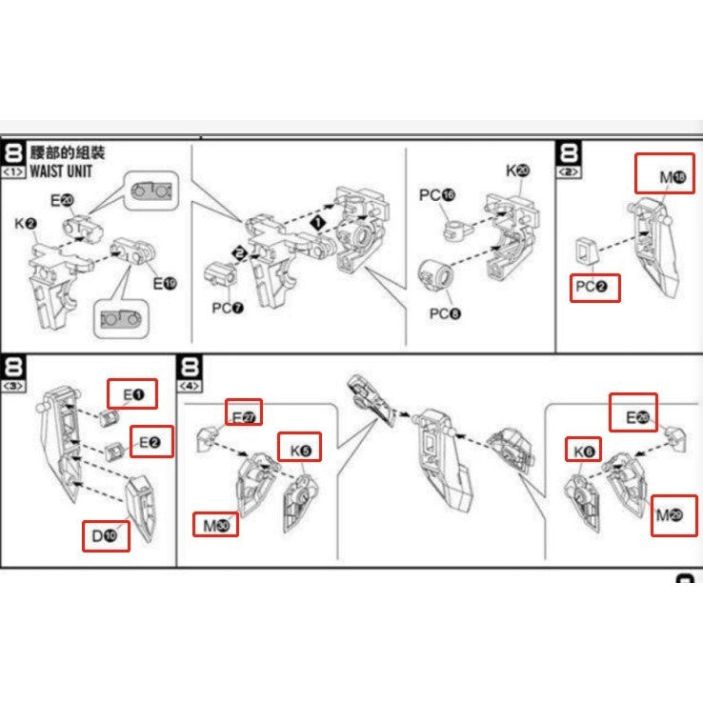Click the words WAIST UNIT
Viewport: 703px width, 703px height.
pos(62,172)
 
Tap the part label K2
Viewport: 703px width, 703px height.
pos(26,225)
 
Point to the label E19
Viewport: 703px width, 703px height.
pos(164,283)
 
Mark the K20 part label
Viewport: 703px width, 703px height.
pos(517,171)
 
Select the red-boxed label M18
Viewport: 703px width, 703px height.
pos(667,175)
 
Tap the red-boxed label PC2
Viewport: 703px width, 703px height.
pos(595,286)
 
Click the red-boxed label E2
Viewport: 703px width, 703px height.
pos(151,442)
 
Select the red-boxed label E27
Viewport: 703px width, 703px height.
pos(244,413)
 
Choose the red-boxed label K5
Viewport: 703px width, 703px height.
pos(299,446)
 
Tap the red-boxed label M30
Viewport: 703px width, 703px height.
pos(216,524)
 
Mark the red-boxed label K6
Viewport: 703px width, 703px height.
pos(583,452)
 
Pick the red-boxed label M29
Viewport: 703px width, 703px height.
pos(670,516)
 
